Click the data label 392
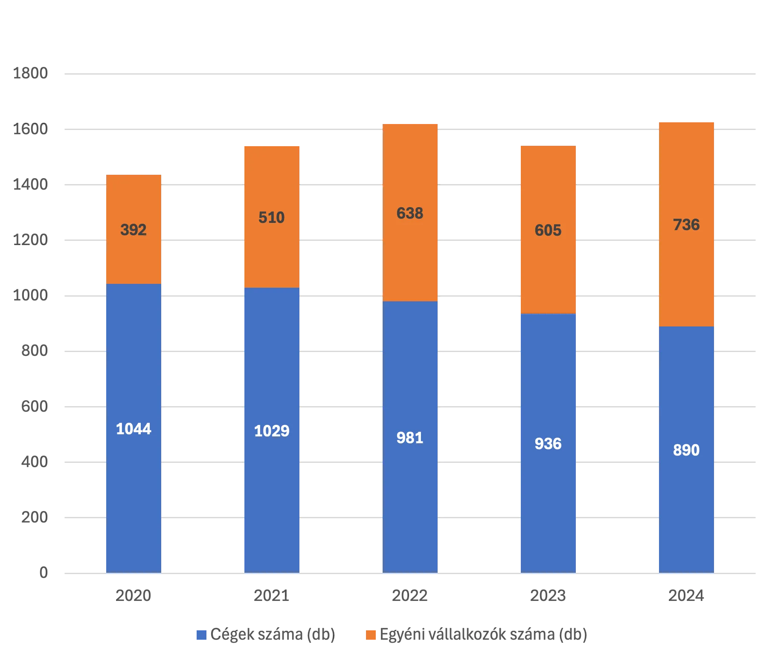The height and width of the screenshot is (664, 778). coord(134,230)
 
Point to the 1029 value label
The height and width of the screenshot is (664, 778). coord(272,431)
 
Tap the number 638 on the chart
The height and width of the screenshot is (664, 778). coord(410,213)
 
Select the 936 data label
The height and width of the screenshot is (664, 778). coord(548,444)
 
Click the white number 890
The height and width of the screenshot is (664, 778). coord(686,450)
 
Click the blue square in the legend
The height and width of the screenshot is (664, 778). coord(201,635)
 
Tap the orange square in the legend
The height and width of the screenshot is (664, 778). coord(371,635)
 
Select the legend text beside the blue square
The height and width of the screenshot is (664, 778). coord(273,635)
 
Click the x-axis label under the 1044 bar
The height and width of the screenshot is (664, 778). coord(134,595)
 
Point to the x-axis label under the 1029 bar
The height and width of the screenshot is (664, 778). coord(272,595)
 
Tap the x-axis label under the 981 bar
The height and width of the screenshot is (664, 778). coord(411,595)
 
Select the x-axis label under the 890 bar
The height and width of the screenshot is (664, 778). coord(687,595)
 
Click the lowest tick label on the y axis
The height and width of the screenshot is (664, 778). coord(43,573)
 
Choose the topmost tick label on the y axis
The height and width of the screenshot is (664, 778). coord(31,73)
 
